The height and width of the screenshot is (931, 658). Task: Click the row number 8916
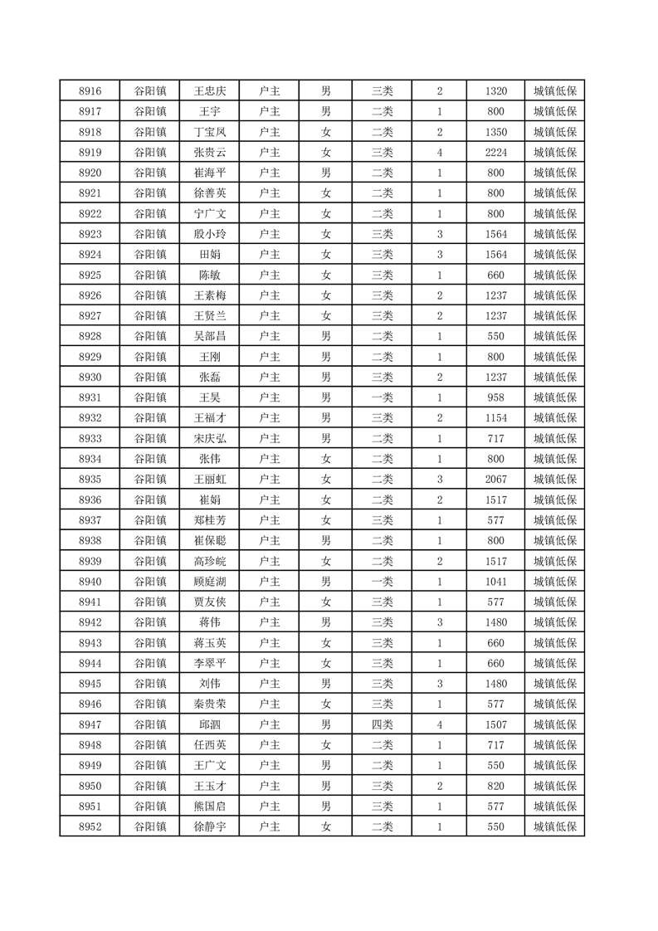[90, 90]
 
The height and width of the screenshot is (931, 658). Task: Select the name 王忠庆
[209, 90]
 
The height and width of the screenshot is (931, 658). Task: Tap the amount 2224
[495, 152]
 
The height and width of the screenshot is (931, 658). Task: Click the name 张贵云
[209, 152]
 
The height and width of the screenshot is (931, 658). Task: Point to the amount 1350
[495, 132]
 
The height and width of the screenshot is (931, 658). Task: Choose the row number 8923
[90, 234]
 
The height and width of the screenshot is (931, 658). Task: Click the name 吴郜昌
[209, 336]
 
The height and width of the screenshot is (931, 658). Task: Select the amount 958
[495, 397]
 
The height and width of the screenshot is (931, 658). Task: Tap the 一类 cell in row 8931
[382, 397]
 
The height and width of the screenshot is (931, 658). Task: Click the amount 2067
[495, 479]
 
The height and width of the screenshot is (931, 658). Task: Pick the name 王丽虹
[209, 479]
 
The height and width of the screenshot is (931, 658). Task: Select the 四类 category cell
[382, 724]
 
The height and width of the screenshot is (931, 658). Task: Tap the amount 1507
[495, 724]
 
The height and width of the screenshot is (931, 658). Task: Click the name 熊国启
[209, 806]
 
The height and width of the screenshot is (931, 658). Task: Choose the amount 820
[495, 786]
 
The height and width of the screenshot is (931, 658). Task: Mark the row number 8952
[90, 826]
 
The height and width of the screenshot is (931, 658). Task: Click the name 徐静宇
[209, 826]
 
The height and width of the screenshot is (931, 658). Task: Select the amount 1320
[495, 90]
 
